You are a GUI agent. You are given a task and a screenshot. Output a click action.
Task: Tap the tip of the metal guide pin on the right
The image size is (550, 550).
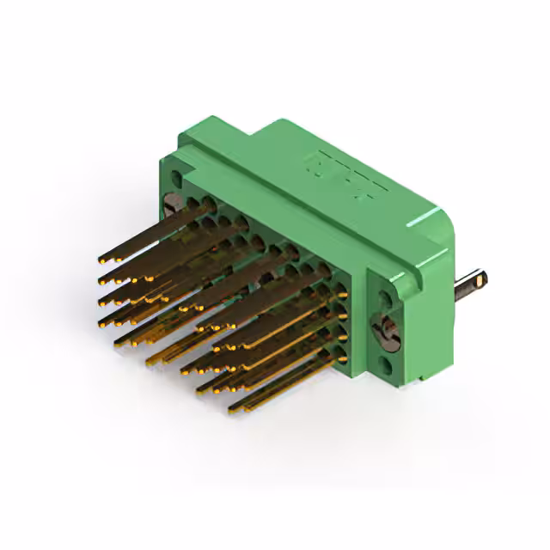(x=485, y=279)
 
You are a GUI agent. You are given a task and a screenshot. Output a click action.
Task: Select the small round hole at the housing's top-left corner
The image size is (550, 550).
(x=177, y=180)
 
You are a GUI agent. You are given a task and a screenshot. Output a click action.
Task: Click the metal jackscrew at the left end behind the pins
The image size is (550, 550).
(x=173, y=204)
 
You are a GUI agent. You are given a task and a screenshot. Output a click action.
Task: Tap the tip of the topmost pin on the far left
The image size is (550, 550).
(x=102, y=258)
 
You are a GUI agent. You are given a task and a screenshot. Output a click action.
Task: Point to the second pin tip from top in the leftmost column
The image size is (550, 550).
(x=104, y=279)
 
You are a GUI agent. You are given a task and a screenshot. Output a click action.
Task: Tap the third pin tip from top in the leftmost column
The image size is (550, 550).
(x=104, y=301)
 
